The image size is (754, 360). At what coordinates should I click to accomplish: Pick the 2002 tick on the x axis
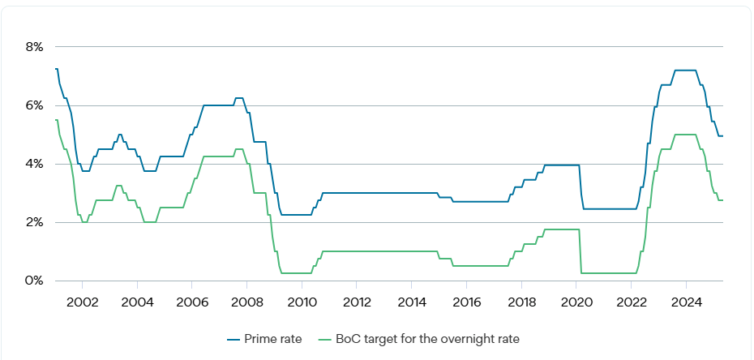(82, 303)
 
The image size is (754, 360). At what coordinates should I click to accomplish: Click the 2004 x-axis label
(137, 303)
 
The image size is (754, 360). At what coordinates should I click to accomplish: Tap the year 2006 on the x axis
(191, 303)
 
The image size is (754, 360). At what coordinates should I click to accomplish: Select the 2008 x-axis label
(246, 303)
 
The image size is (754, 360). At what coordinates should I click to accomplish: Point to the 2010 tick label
(302, 303)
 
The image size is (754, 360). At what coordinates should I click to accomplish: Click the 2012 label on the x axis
(356, 303)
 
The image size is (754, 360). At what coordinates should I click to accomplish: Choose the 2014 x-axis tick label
(411, 303)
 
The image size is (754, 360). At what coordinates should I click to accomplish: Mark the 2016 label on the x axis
(466, 303)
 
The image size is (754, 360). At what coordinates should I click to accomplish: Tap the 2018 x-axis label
(521, 303)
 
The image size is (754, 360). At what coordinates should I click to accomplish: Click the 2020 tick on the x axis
(576, 303)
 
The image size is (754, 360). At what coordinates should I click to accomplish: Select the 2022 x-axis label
(631, 303)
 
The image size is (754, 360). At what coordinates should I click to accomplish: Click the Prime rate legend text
(278, 339)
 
